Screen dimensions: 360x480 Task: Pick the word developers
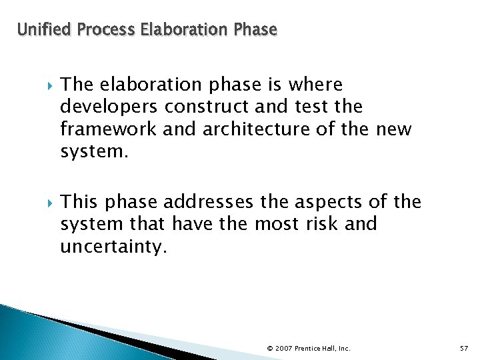tap(110, 107)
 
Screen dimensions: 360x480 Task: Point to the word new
tap(394, 129)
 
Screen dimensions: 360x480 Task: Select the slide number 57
tap(464, 348)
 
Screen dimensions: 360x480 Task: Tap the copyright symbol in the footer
tap(269, 348)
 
